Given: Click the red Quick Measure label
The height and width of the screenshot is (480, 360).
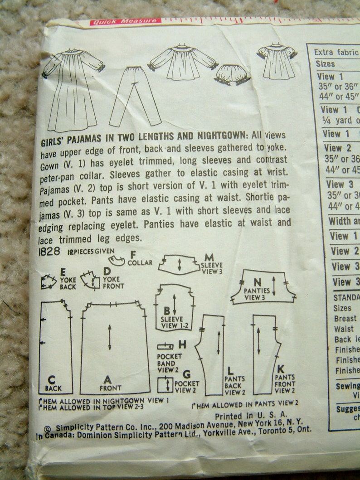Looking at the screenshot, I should (125, 21).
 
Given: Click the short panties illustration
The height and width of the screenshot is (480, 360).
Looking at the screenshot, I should (232, 75).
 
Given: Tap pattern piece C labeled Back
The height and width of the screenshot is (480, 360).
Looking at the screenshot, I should (55, 347).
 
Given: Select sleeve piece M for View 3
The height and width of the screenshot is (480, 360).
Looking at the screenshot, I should (179, 264).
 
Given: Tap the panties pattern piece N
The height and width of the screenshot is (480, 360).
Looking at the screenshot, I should (263, 287).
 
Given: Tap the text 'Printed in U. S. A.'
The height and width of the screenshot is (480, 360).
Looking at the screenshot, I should (251, 415).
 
